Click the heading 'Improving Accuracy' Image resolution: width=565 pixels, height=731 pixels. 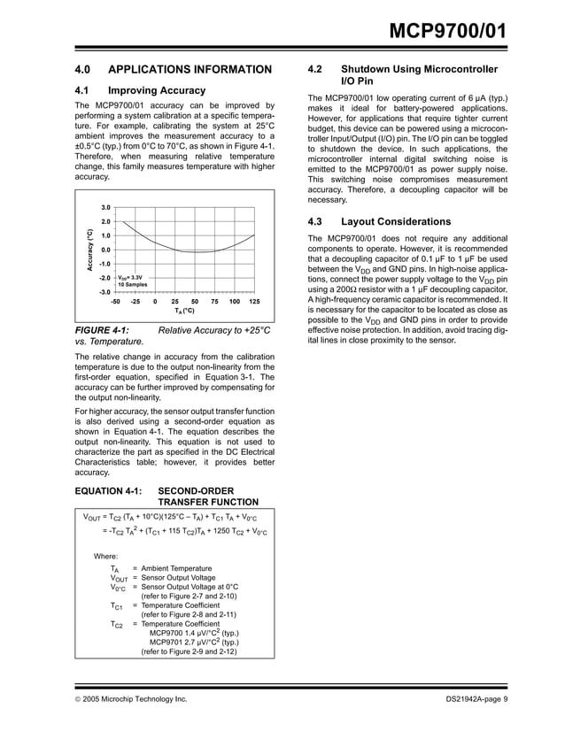click(157, 90)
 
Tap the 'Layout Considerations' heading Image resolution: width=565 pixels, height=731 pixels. click(396, 221)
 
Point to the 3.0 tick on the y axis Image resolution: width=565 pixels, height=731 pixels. click(104, 207)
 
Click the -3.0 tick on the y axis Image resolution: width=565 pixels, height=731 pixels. click(104, 291)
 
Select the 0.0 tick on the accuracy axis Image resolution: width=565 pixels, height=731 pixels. click(104, 250)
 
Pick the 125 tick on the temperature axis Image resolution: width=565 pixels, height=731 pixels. click(254, 302)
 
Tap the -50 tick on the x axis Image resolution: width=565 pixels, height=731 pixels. click(115, 302)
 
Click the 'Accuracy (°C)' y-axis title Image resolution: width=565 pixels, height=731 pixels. click(89, 250)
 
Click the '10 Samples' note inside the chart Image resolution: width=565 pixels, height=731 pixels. click(133, 284)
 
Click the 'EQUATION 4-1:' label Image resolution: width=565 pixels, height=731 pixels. click(106, 489)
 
